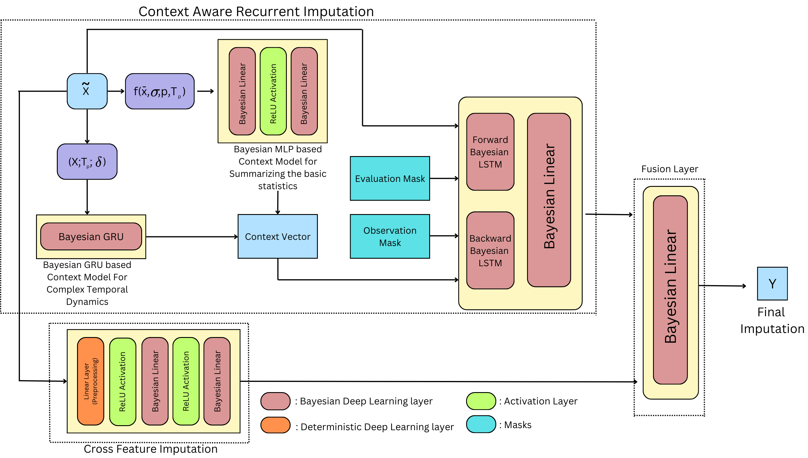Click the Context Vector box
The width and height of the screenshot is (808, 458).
pyautogui.click(x=277, y=236)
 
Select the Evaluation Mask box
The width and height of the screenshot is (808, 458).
pyautogui.click(x=390, y=178)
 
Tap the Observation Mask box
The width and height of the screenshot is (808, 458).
pyautogui.click(x=390, y=236)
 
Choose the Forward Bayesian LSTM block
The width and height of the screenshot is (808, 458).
pyautogui.click(x=490, y=152)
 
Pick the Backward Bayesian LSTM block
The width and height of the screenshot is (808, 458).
pyautogui.click(x=490, y=250)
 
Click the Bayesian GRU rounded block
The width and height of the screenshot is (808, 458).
pyautogui.click(x=91, y=236)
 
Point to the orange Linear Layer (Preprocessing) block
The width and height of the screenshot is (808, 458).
pyautogui.click(x=91, y=381)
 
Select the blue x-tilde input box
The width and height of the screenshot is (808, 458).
pyautogui.click(x=87, y=91)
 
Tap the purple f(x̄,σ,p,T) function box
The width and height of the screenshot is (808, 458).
pyautogui.click(x=160, y=91)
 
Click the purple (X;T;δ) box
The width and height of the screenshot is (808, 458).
pyautogui.click(x=87, y=162)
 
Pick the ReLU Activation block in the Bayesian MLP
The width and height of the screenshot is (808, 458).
pyautogui.click(x=273, y=91)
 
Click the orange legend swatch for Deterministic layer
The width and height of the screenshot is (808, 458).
pyautogui.click(x=275, y=425)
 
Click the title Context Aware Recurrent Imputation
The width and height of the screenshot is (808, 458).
pyautogui.click(x=256, y=12)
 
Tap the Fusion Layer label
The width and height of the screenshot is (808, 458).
pyautogui.click(x=669, y=169)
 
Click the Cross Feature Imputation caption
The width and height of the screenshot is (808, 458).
pyautogui.click(x=150, y=449)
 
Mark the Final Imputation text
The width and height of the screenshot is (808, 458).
pyautogui.click(x=771, y=320)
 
